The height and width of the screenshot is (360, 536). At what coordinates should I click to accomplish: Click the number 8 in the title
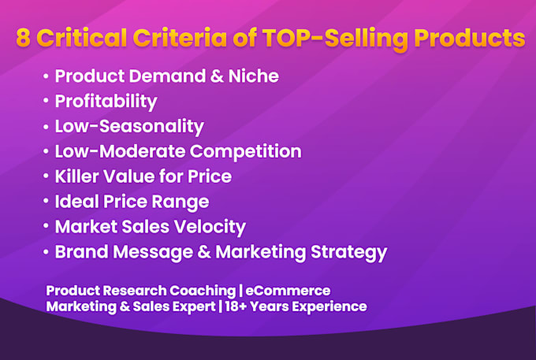(24, 38)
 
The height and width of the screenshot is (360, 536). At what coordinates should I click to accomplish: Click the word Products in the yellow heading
(469, 38)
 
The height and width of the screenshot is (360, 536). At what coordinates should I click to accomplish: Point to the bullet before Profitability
(46, 101)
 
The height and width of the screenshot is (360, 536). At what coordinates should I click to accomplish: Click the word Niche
(254, 76)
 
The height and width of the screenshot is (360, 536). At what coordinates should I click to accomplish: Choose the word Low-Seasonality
(129, 126)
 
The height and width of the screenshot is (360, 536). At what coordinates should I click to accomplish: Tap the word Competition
(246, 151)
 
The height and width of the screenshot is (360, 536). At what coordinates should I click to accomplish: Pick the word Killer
(76, 176)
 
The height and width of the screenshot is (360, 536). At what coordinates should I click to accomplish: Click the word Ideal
(76, 201)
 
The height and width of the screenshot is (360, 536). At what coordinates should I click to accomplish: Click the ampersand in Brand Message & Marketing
(204, 252)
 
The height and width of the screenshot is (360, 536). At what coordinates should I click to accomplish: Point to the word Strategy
(348, 253)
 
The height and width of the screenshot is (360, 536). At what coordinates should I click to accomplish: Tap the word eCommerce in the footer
(288, 291)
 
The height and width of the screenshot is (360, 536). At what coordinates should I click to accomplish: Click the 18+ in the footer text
(235, 306)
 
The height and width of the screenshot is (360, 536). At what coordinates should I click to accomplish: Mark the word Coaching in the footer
(203, 291)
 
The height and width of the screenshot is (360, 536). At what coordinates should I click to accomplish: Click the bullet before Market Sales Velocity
(46, 226)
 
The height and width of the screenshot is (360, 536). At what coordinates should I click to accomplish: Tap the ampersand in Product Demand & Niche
(217, 76)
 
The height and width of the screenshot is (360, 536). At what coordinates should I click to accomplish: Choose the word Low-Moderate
(120, 151)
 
